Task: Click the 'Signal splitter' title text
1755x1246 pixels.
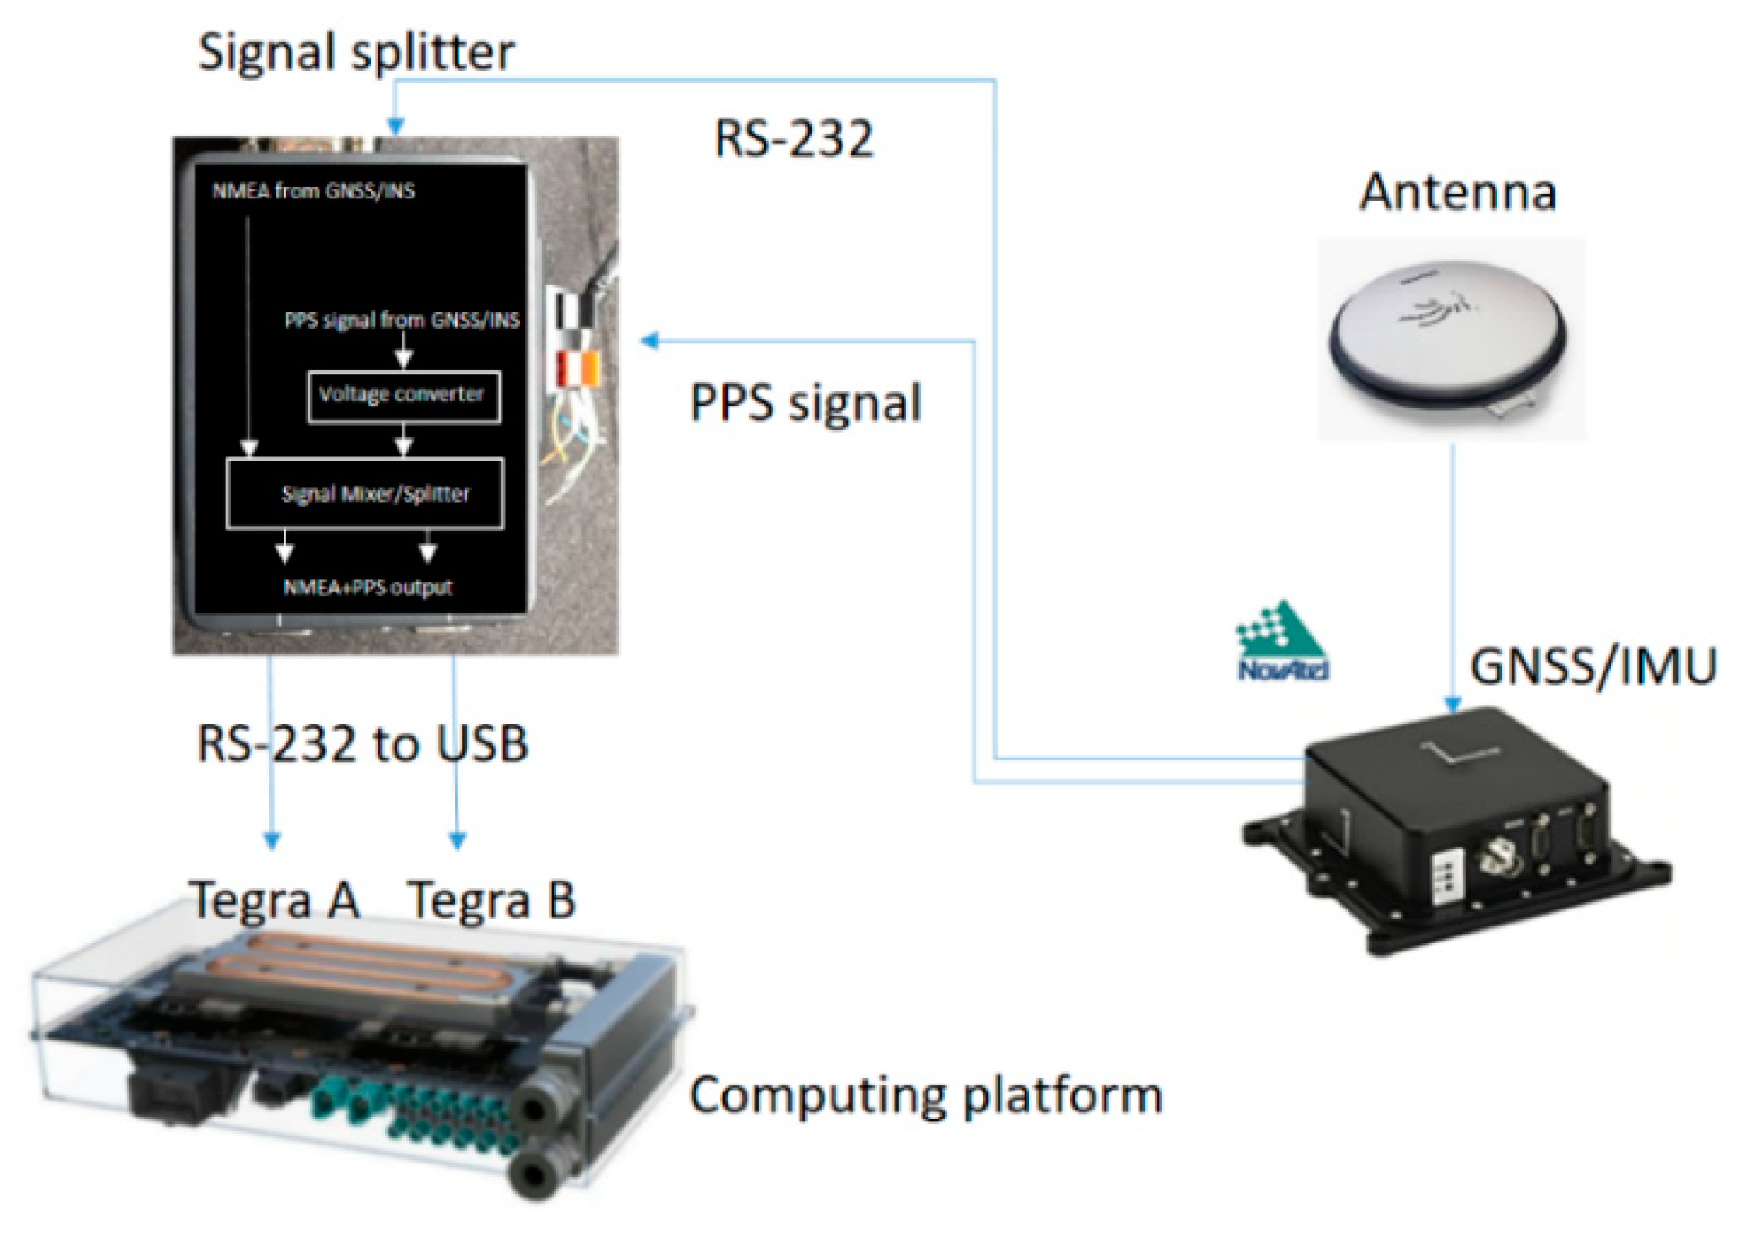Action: click(355, 52)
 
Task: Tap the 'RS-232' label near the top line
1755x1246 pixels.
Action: click(793, 139)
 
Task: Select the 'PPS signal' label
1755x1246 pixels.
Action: click(805, 403)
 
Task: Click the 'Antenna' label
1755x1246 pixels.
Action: click(1457, 192)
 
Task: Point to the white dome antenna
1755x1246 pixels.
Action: click(1446, 332)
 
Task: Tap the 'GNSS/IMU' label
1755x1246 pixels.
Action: click(1593, 667)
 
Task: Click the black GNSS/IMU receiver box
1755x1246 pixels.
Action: click(1454, 826)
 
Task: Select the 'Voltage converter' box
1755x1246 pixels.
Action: click(404, 396)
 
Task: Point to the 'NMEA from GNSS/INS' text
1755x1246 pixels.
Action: click(313, 191)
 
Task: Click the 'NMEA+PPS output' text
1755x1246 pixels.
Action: click(368, 587)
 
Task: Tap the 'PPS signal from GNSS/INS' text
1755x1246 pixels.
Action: click(402, 320)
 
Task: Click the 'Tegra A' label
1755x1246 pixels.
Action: click(274, 899)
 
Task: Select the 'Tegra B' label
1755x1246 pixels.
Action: click(491, 899)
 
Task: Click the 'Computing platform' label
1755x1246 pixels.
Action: click(925, 1096)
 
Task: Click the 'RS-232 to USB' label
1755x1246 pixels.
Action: click(362, 744)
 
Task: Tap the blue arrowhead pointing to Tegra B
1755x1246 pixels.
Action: click(458, 840)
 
